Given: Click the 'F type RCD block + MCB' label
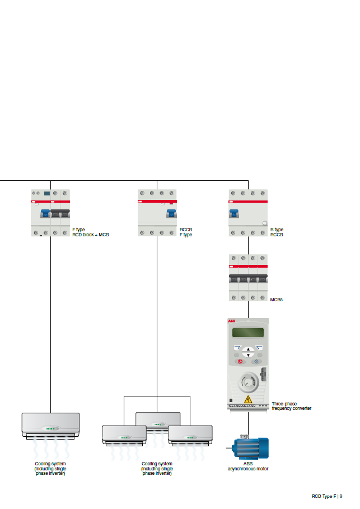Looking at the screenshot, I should pyautogui.click(x=90, y=232).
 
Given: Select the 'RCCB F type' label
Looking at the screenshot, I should pyautogui.click(x=186, y=232).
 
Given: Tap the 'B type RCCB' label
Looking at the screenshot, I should pyautogui.click(x=277, y=232).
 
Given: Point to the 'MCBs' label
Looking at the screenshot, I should pyautogui.click(x=276, y=300).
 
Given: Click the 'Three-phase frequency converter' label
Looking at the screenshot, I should pyautogui.click(x=291, y=406).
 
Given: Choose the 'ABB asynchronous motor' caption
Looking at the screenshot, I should pyautogui.click(x=247, y=466).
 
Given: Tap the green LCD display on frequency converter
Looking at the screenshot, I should pyautogui.click(x=248, y=333).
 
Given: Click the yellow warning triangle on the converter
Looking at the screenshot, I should pyautogui.click(x=248, y=399).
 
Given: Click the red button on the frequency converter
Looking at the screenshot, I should pyautogui.click(x=240, y=362).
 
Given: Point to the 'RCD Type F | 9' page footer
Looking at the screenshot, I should pyautogui.click(x=327, y=496).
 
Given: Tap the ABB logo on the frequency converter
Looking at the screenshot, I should pyautogui.click(x=232, y=321).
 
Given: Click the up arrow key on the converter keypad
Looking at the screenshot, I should pyautogui.click(x=249, y=349).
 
